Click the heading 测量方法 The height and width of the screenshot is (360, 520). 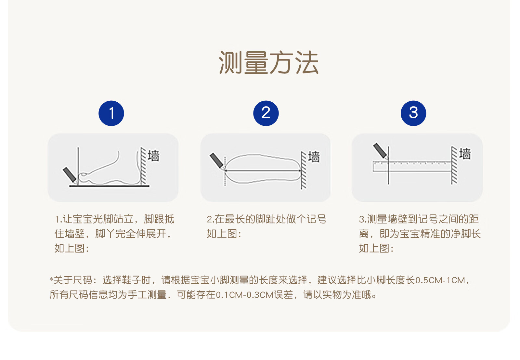pyautogui.click(x=268, y=62)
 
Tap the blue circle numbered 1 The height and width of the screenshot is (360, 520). pyautogui.click(x=111, y=113)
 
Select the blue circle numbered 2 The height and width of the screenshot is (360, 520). pyautogui.click(x=266, y=113)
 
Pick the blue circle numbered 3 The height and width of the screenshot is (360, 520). pyautogui.click(x=413, y=113)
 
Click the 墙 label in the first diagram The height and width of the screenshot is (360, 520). pyautogui.click(x=154, y=156)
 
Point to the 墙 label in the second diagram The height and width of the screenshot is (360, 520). pyautogui.click(x=314, y=157)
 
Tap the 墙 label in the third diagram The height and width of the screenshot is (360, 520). pyautogui.click(x=465, y=154)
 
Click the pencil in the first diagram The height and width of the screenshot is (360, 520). pyautogui.click(x=70, y=175)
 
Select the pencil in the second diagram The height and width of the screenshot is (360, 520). pyautogui.click(x=216, y=161)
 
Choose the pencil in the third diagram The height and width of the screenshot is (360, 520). pyautogui.click(x=380, y=150)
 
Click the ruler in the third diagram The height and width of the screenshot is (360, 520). pyautogui.click(x=412, y=166)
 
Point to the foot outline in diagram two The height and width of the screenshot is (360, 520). pyautogui.click(x=263, y=155)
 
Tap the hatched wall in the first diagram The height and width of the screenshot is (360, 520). pyautogui.click(x=143, y=166)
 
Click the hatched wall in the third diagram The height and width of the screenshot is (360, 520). pyautogui.click(x=454, y=165)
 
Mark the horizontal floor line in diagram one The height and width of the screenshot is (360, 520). pyautogui.click(x=109, y=186)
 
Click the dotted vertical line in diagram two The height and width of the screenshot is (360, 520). pyautogui.click(x=225, y=171)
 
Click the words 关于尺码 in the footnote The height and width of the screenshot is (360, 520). pyautogui.click(x=73, y=280)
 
